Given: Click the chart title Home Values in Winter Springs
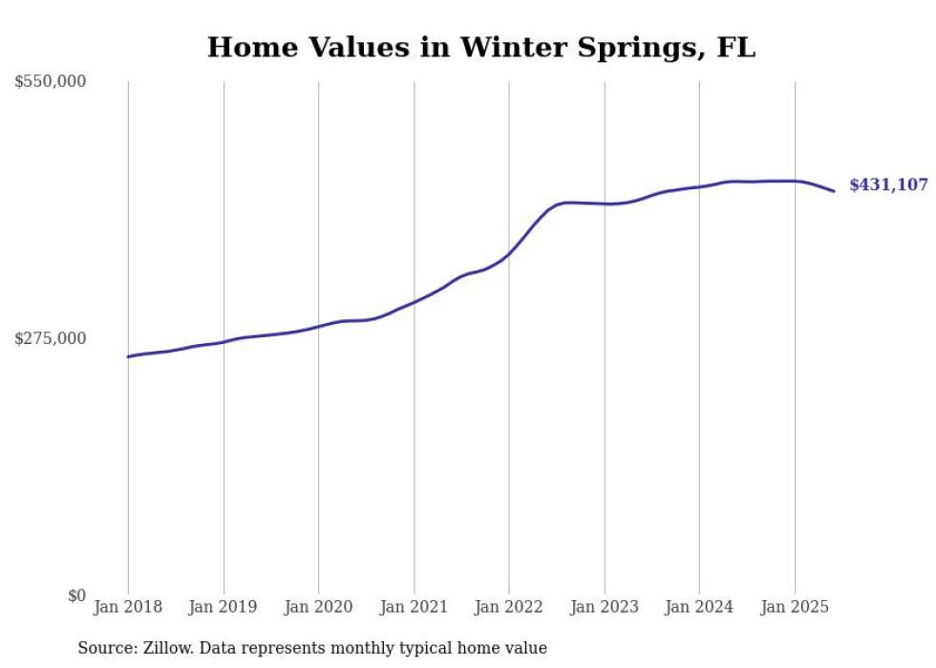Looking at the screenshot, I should pos(480,47).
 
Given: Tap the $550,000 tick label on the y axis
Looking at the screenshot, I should pos(51,82).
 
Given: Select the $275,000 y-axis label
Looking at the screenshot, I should pos(51,338).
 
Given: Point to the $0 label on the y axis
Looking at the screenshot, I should pos(76,595).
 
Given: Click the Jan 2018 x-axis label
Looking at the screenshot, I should pos(128,607).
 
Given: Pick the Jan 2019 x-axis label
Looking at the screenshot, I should pos(223,607).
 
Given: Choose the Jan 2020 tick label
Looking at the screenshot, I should pos(318,607).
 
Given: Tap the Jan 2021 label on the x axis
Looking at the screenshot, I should pos(414,607).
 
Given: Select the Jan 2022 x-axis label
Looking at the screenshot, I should pos(509,607).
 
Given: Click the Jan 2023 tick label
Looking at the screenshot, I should pos(604,607).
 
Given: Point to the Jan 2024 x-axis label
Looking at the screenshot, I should pos(699,607).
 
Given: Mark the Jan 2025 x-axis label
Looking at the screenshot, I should pos(794,607).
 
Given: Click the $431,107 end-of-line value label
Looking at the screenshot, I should pos(888,185).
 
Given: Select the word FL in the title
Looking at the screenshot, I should pos(735,47).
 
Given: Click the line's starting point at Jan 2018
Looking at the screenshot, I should pos(128,356).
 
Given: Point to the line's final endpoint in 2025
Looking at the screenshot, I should pos(834,191).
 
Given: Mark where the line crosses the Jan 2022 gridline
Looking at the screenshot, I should pos(509,253).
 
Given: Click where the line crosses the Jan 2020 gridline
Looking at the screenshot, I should pos(318,326).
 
